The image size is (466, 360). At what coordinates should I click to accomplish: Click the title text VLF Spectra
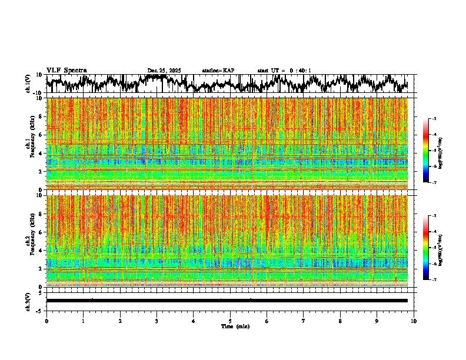coord(66,70)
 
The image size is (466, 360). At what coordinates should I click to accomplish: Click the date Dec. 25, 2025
coord(164,71)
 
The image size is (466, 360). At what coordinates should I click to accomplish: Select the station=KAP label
coord(218,71)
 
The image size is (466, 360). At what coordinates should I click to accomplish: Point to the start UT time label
coord(284,71)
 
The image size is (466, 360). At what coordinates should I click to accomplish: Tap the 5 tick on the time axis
coord(230,321)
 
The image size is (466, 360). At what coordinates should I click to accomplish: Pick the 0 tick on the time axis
coord(46,321)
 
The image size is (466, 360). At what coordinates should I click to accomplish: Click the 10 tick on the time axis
coord(414,321)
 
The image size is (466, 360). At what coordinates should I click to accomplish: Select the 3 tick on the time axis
coord(157,321)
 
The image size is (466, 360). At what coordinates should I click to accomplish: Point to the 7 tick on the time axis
coord(304,321)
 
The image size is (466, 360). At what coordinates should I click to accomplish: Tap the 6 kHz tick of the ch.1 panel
coord(41,135)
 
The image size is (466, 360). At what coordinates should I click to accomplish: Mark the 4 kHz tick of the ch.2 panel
coord(41,250)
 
